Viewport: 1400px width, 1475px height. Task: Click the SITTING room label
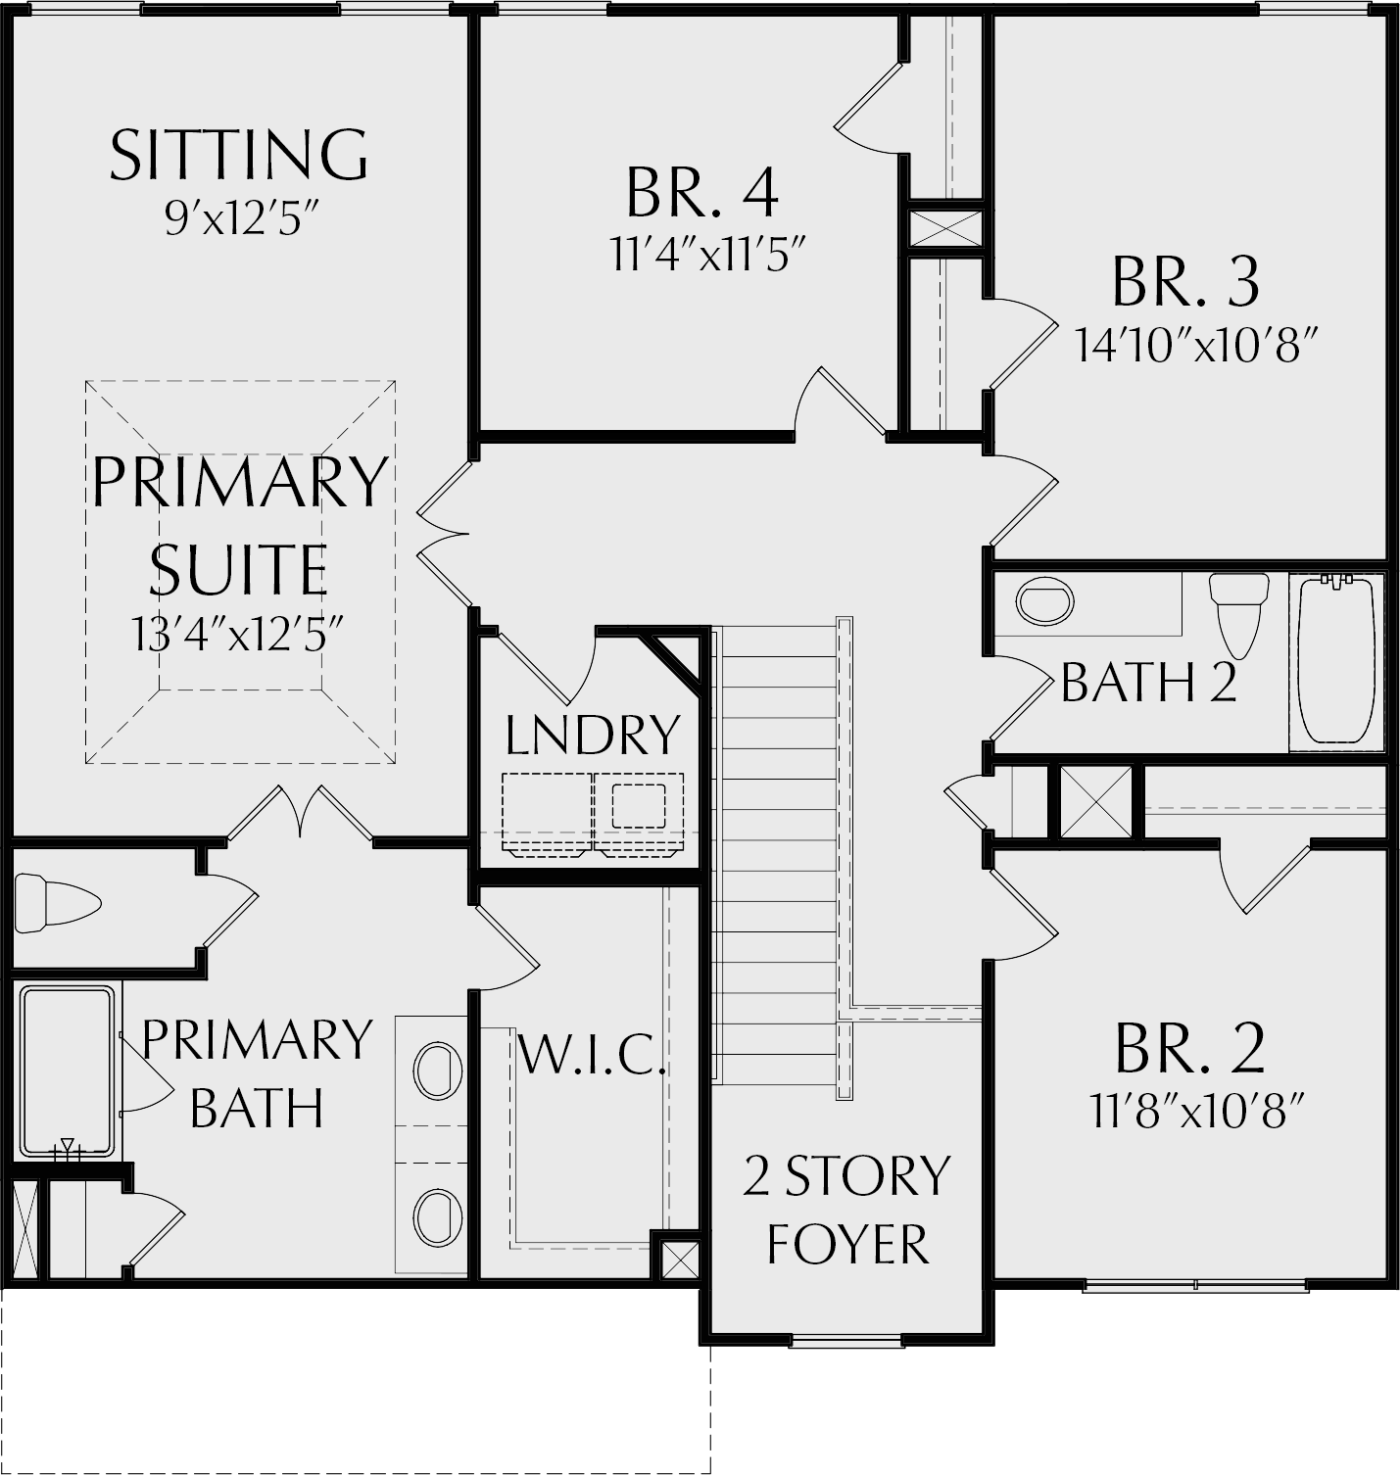[239, 155]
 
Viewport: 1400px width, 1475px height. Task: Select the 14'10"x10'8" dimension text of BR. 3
[1192, 345]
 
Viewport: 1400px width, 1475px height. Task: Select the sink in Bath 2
[1045, 601]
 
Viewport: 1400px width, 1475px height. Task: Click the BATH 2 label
[1148, 683]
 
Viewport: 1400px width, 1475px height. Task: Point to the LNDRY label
[593, 735]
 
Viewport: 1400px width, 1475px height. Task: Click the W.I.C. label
[592, 1055]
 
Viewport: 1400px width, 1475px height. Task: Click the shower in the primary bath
[67, 1072]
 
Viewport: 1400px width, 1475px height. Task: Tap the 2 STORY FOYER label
[847, 1211]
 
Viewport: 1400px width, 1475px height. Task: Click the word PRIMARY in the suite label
[240, 481]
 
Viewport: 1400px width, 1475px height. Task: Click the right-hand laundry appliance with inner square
[639, 812]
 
